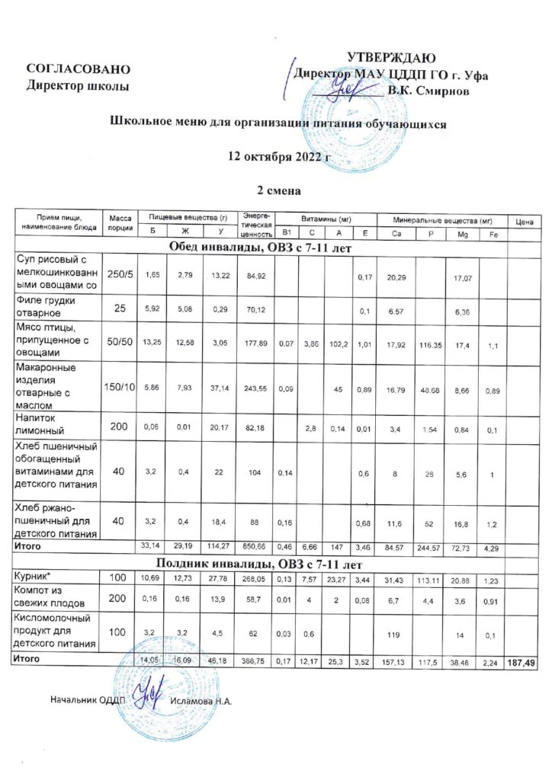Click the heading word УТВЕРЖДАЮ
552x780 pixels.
pyautogui.click(x=391, y=59)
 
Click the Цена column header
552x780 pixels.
pyautogui.click(x=523, y=222)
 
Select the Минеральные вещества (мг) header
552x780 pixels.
pyautogui.click(x=442, y=218)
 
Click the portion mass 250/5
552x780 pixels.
pyautogui.click(x=120, y=274)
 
